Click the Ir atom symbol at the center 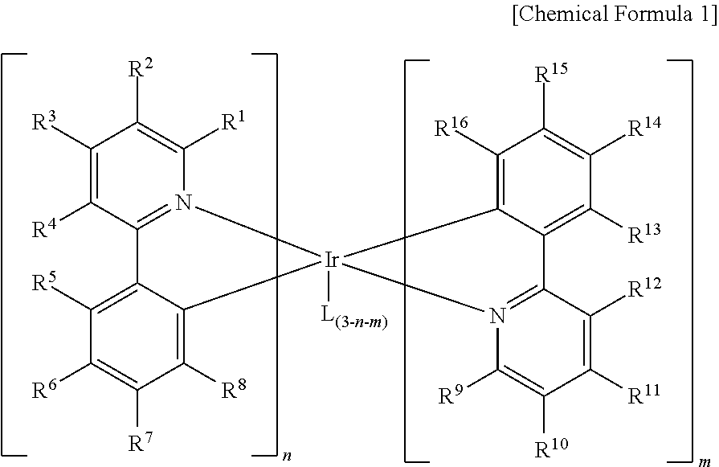(x=332, y=260)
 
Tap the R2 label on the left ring (x=141, y=68)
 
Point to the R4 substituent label (x=44, y=227)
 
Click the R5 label (x=44, y=281)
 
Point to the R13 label (x=644, y=233)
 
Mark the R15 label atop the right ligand (x=551, y=73)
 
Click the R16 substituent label (x=451, y=127)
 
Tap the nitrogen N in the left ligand (x=184, y=202)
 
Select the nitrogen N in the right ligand (x=497, y=316)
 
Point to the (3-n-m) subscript (x=361, y=322)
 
